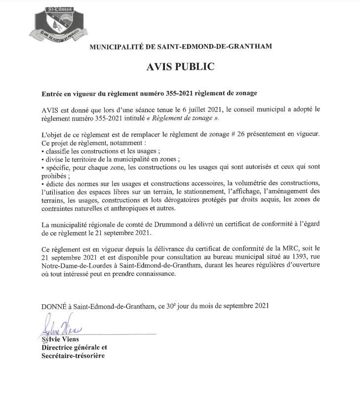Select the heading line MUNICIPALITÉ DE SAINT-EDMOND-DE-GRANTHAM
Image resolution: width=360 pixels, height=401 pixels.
click(x=180, y=46)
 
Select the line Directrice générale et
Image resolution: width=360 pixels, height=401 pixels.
click(x=74, y=347)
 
